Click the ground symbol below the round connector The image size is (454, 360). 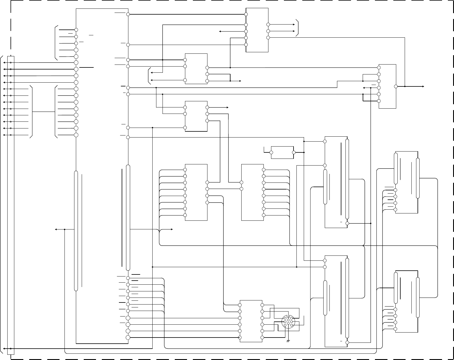click(288, 340)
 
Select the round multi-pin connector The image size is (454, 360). click(288, 322)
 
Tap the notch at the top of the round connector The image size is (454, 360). click(288, 316)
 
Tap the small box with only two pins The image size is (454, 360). click(282, 152)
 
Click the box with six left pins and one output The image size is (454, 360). click(387, 86)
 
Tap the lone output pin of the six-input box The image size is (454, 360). click(396, 86)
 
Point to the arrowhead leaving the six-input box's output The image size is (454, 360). click(423, 86)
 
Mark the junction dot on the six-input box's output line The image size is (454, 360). click(405, 86)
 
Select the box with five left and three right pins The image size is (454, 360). click(257, 30)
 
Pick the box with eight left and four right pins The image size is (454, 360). click(196, 192)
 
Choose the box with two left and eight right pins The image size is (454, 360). click(252, 192)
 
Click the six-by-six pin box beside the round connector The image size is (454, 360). click(251, 321)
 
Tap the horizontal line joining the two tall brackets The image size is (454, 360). click(43, 112)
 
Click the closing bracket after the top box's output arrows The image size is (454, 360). click(297, 28)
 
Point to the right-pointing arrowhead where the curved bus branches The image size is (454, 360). click(172, 229)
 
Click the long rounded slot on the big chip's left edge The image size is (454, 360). click(76, 231)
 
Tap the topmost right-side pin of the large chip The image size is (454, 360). click(128, 14)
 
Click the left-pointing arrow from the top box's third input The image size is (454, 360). click(220, 31)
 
